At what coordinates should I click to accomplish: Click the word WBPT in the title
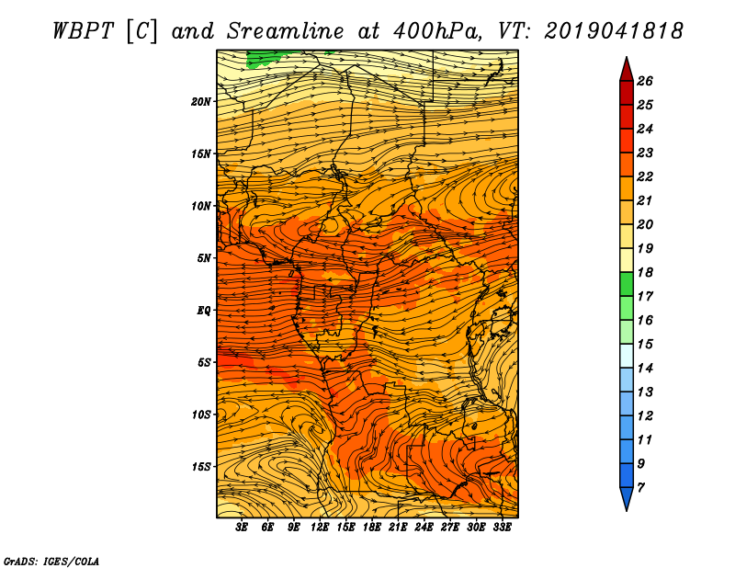[79, 29]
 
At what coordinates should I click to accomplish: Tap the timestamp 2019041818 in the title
[614, 29]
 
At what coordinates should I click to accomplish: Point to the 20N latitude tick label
[201, 101]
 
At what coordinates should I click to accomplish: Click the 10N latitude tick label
[201, 206]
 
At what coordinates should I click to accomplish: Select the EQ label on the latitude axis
[204, 310]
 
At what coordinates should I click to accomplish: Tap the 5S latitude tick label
[204, 362]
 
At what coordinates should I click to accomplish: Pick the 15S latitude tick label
[201, 466]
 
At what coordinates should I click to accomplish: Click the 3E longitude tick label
[243, 528]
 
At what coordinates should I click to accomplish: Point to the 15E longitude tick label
[346, 528]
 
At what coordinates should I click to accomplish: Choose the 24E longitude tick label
[424, 528]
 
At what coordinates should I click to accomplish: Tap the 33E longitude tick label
[502, 528]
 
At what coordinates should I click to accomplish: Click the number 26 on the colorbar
[644, 81]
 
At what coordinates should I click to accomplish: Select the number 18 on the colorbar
[644, 272]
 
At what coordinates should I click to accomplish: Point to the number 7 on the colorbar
[640, 487]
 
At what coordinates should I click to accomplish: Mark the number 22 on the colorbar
[644, 176]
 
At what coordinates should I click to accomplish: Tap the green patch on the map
[264, 57]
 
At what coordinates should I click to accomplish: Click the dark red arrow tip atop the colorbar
[625, 67]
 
